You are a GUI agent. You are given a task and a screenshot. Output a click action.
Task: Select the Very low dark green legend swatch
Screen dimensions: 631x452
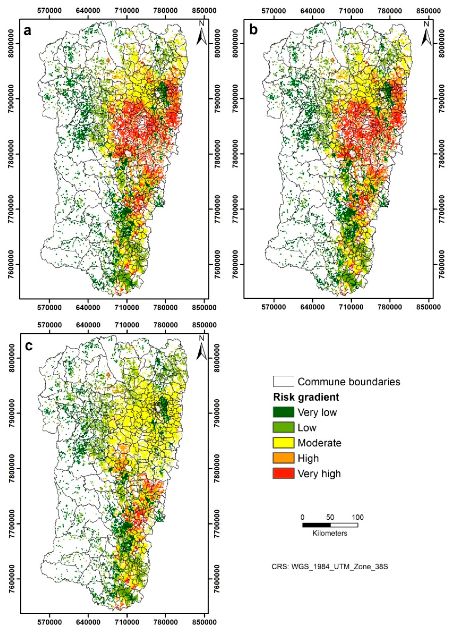[283, 412]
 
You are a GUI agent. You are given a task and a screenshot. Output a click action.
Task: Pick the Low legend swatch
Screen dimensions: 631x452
[283, 427]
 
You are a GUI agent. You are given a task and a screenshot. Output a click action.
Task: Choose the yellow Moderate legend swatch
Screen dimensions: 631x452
[283, 443]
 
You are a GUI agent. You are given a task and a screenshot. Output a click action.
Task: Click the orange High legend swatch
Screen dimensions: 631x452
[283, 458]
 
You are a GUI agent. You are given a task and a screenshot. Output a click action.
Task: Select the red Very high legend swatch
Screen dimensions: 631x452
[283, 473]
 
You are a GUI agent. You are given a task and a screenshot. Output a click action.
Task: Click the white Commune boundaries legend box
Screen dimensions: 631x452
[283, 381]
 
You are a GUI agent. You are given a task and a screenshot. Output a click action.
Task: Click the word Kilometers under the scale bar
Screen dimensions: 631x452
[330, 533]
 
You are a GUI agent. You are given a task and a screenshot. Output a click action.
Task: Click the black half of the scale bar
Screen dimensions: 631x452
[316, 525]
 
